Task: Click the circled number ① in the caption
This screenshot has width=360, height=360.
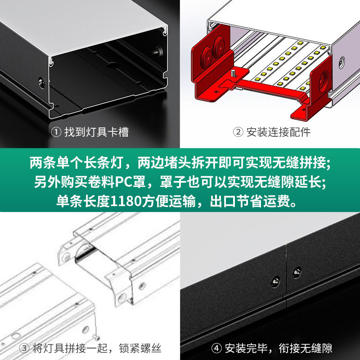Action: pyautogui.click(x=56, y=132)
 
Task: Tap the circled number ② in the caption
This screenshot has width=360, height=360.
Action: pyautogui.click(x=238, y=132)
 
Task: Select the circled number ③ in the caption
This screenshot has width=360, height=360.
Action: pyautogui.click(x=24, y=348)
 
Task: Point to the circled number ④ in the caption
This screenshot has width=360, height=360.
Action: pyautogui.click(x=217, y=348)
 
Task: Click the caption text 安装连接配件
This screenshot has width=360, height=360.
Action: pyautogui.click(x=278, y=132)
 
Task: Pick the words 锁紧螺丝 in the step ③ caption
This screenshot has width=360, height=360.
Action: pyautogui.click(x=140, y=348)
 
